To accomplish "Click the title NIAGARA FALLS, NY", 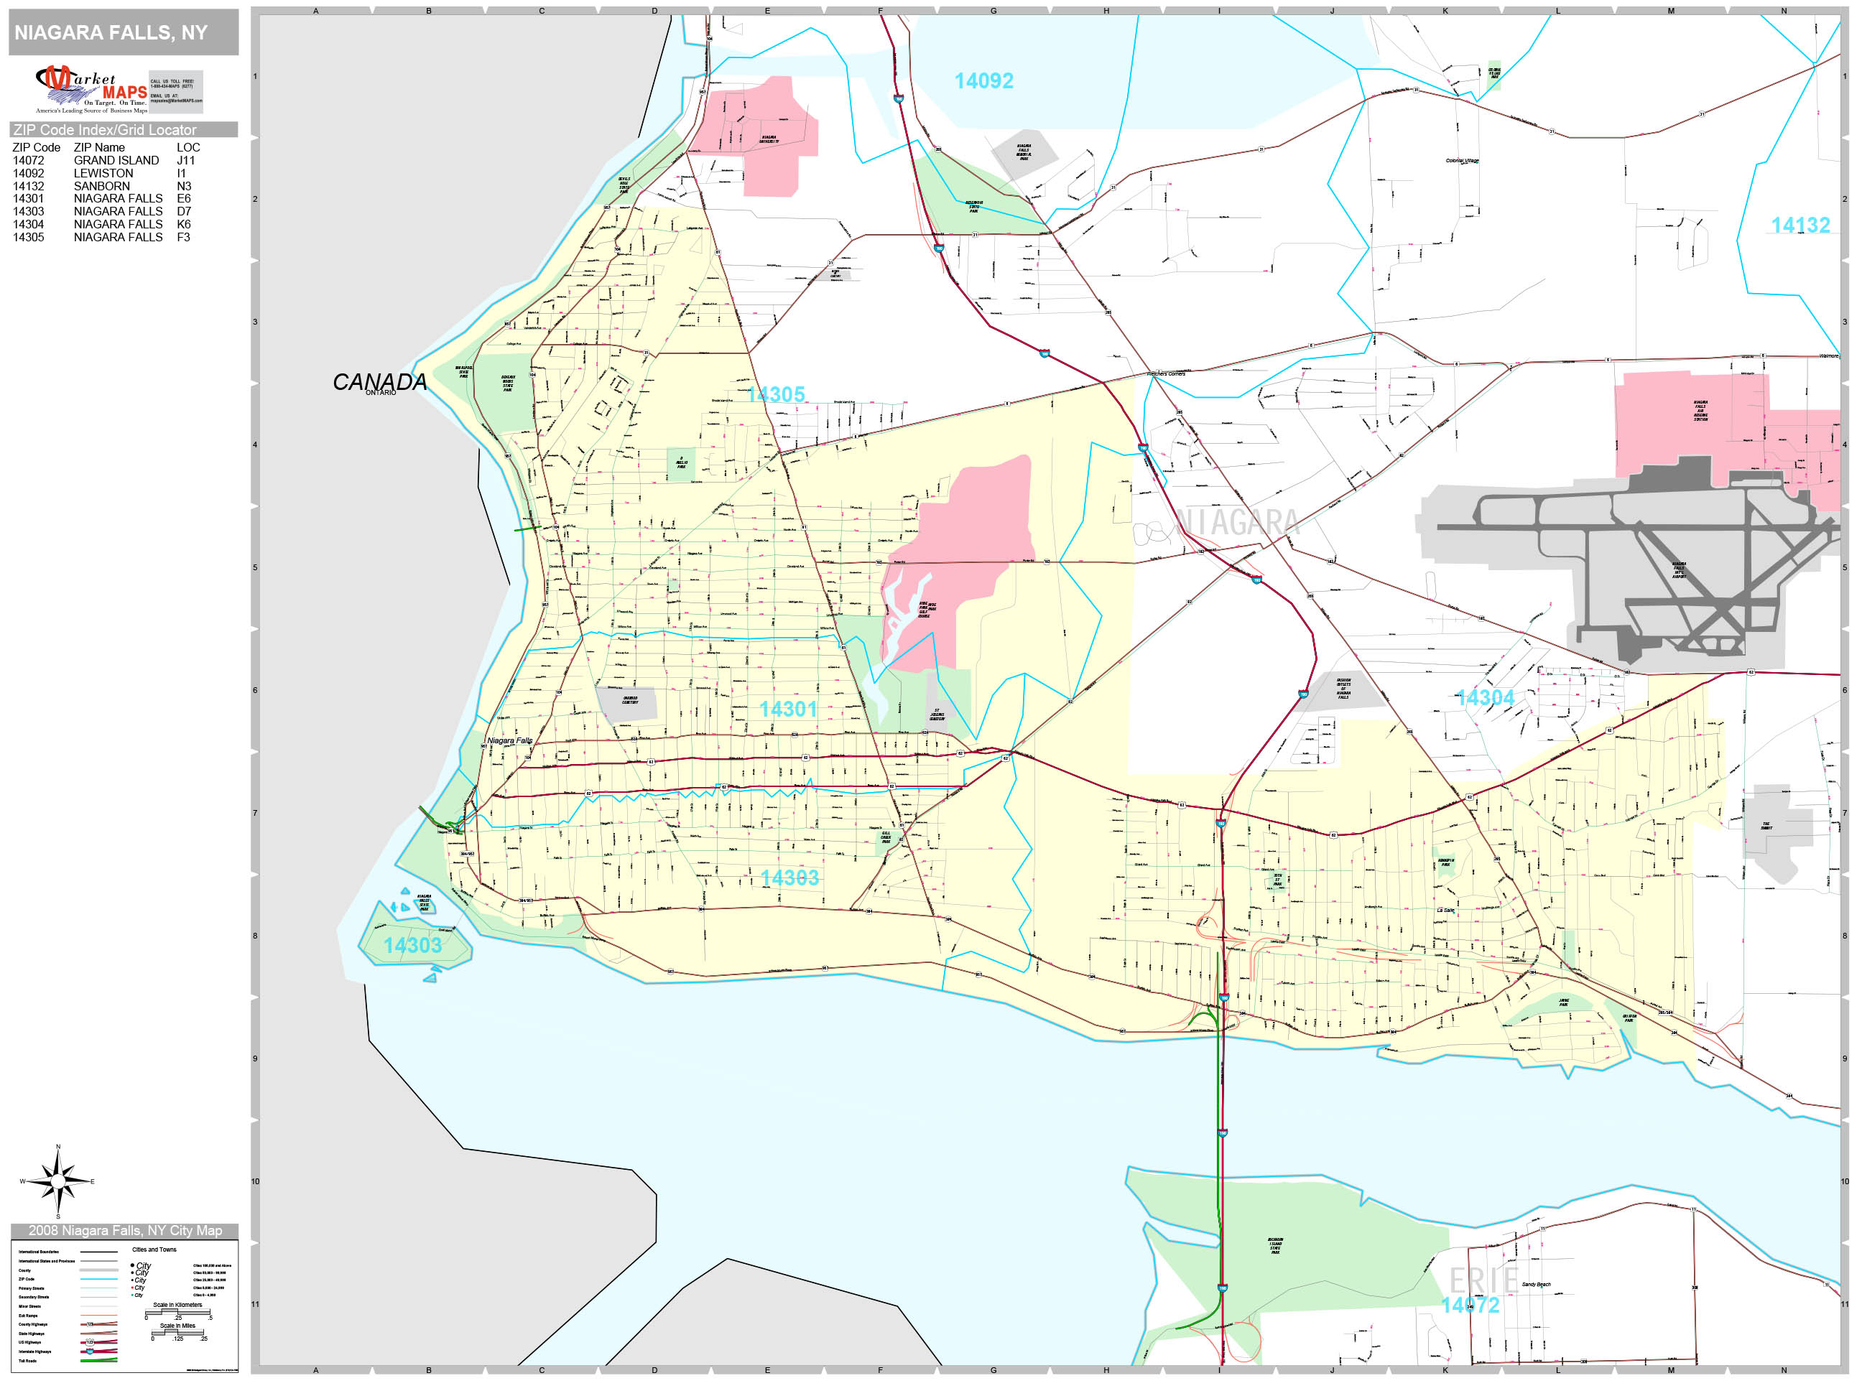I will click(x=111, y=33).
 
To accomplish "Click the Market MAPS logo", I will click(x=91, y=89).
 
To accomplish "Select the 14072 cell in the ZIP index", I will click(x=29, y=161).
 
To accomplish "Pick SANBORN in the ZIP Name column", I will click(x=102, y=187).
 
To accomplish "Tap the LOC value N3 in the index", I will click(x=183, y=187).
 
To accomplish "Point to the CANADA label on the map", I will click(x=379, y=383).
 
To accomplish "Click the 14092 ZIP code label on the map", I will click(x=983, y=82).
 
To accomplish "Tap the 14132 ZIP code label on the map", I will click(x=1800, y=226).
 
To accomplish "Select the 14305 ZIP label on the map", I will click(x=775, y=395).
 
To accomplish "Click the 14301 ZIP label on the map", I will click(x=788, y=709).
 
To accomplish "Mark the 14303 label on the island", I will click(x=412, y=946).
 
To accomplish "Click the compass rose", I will click(x=58, y=1182).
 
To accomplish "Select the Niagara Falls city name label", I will click(x=509, y=741).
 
